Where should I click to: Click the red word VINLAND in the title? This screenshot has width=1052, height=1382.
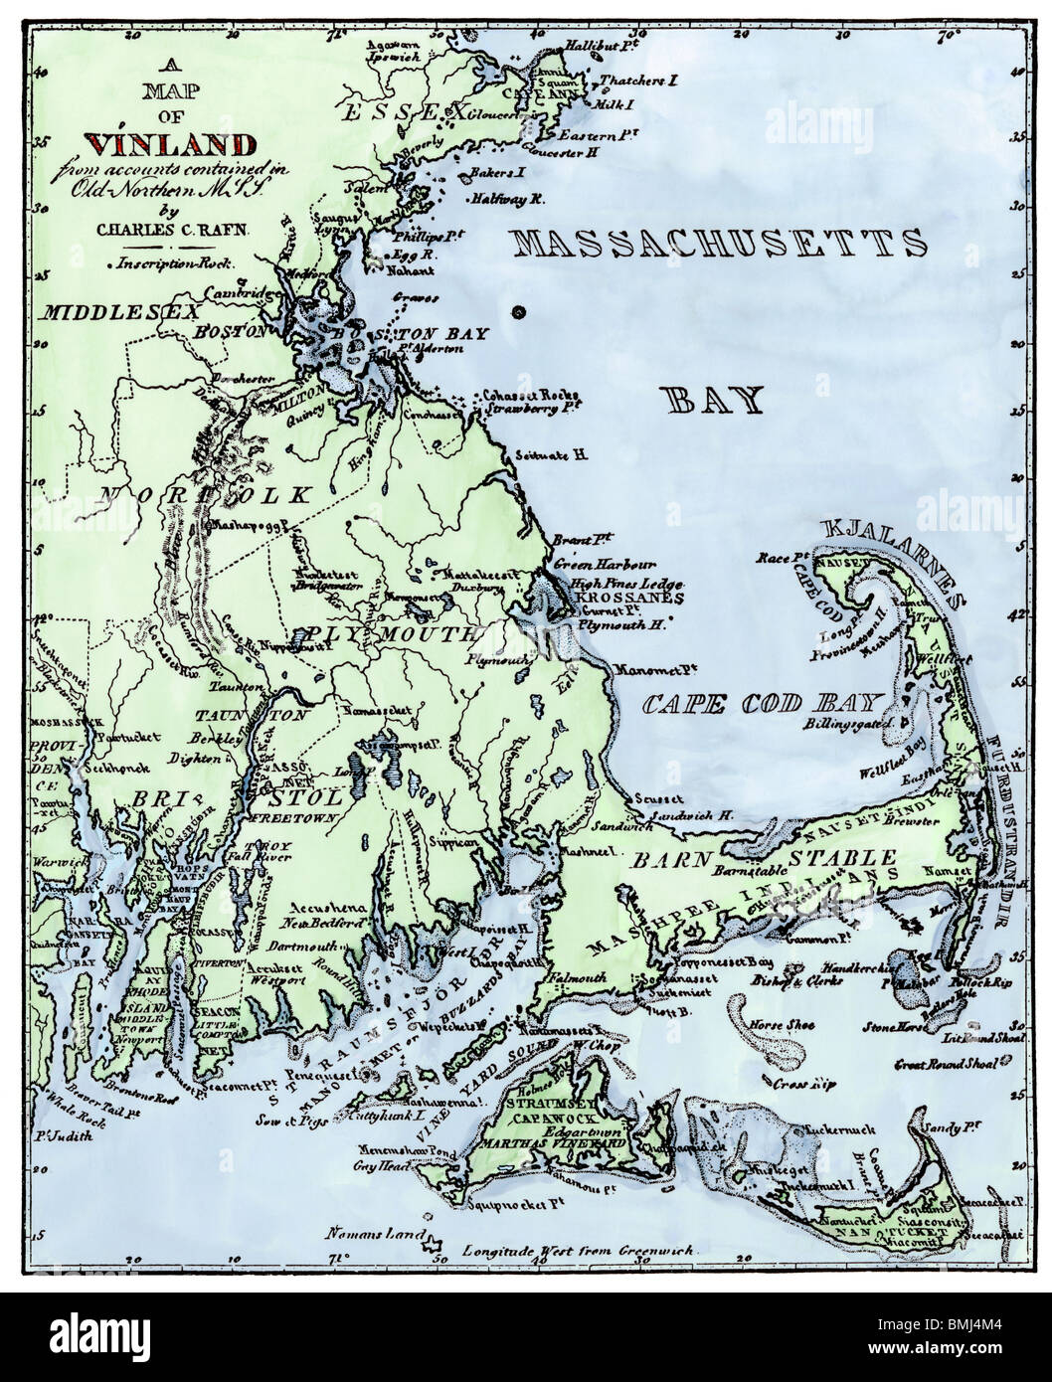coord(172,143)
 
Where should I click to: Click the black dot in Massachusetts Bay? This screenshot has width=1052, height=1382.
coord(516,313)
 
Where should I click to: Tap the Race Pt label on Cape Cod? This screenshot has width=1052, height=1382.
coord(782,557)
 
